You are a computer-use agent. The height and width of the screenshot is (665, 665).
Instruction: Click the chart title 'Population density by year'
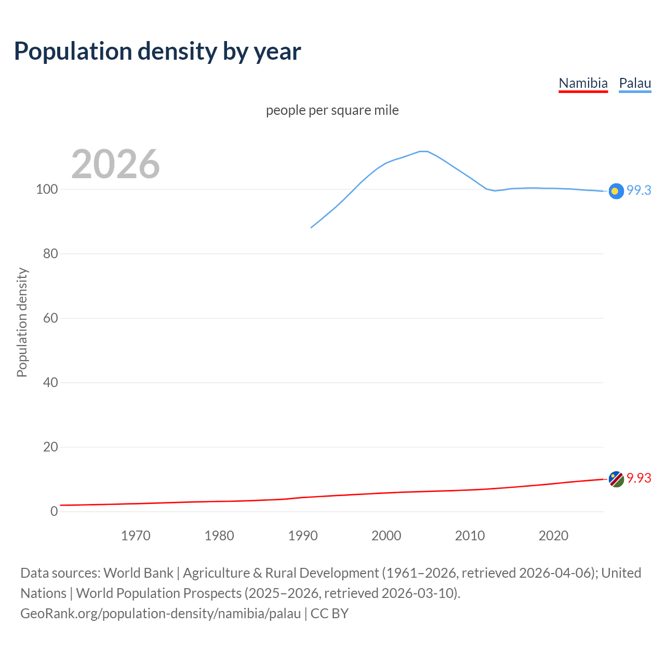tap(157, 51)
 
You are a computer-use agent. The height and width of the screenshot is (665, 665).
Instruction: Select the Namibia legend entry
tap(583, 83)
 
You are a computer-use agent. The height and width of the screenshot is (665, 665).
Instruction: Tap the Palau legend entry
tap(635, 83)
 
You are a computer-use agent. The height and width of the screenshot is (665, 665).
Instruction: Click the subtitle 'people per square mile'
tap(332, 111)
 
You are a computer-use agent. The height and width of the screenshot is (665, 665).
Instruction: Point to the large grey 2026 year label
tap(115, 164)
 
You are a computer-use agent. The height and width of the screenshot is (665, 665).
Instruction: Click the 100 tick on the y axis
tap(47, 190)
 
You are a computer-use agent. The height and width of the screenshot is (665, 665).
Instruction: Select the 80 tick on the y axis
tap(50, 254)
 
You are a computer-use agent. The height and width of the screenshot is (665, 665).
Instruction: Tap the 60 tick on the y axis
tap(50, 318)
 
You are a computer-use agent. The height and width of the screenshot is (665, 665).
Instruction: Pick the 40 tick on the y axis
tap(50, 383)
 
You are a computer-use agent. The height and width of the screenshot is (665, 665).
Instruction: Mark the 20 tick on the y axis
tap(50, 447)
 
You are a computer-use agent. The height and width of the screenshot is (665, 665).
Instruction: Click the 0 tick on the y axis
tap(54, 512)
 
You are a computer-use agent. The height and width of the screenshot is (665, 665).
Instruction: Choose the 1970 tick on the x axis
tap(136, 536)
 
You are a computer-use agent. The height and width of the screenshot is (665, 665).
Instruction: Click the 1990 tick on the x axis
tap(303, 536)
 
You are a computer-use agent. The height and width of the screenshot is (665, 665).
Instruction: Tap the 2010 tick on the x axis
tap(470, 536)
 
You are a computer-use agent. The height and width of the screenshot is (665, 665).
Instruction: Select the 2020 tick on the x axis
tap(553, 536)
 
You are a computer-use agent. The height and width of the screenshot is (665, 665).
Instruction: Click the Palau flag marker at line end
tap(616, 191)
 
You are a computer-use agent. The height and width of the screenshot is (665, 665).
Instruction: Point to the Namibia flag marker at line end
tap(616, 479)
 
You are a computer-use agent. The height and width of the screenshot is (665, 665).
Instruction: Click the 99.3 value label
tap(639, 191)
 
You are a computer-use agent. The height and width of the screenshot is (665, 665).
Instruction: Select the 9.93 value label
tap(639, 478)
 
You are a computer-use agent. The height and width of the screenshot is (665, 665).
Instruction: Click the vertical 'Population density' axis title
tap(22, 322)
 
